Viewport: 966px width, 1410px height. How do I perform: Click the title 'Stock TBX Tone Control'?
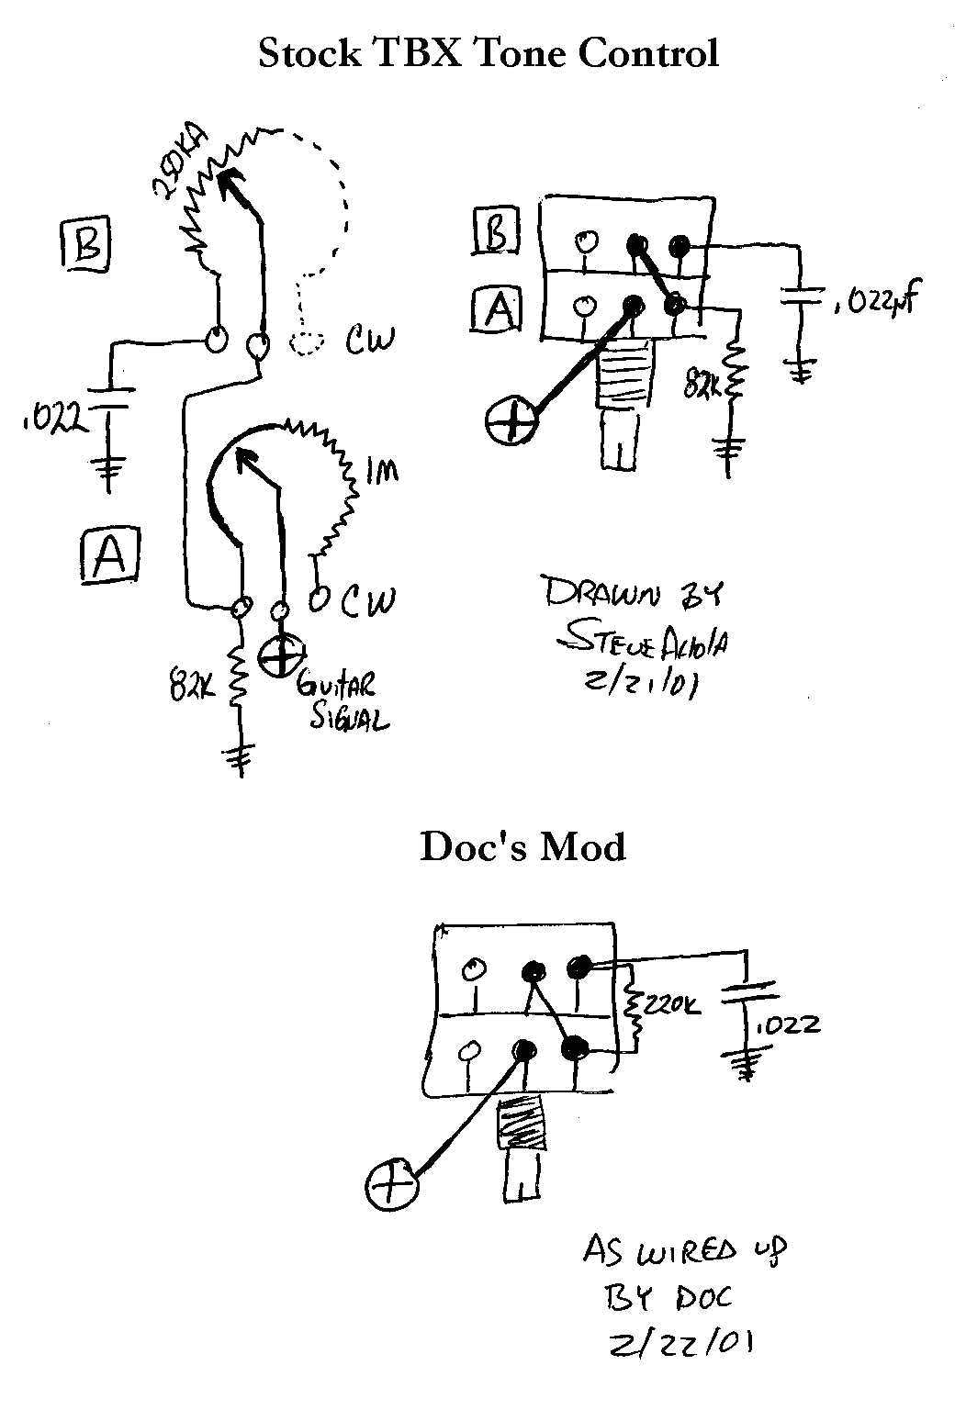click(x=488, y=53)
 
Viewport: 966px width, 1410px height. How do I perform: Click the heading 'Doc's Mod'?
click(x=522, y=845)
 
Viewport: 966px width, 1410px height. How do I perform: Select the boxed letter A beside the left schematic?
click(x=110, y=555)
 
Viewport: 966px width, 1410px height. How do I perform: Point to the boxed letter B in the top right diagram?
click(x=496, y=231)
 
